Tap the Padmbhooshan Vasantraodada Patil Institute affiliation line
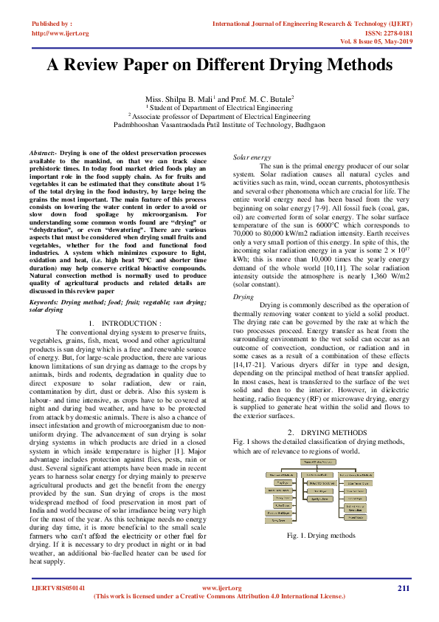pyautogui.click(x=218, y=125)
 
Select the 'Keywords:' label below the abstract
pyautogui.click(x=44, y=303)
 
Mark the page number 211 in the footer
pyautogui.click(x=403, y=587)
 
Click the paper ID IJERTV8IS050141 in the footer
pyautogui.click(x=58, y=588)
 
